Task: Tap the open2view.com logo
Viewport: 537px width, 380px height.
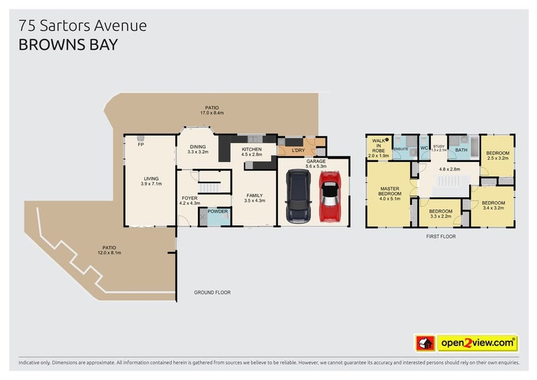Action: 477,343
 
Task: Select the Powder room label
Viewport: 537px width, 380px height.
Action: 217,211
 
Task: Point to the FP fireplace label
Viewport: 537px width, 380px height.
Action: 141,144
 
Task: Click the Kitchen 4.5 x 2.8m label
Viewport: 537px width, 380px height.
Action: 252,152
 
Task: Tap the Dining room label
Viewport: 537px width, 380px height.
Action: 198,148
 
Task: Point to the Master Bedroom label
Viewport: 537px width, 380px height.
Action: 390,193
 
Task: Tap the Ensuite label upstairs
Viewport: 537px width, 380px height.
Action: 401,148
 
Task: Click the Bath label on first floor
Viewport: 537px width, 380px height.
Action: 461,150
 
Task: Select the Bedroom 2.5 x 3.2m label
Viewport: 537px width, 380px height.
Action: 497,156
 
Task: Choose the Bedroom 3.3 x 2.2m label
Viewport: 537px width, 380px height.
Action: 441,214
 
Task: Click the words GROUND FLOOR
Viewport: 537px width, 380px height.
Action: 212,293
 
